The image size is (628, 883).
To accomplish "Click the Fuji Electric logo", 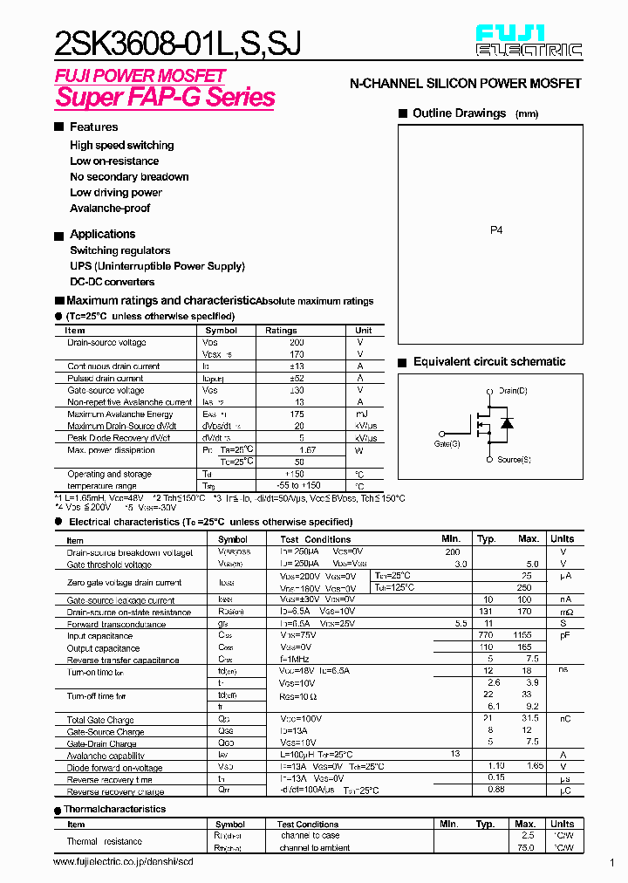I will (x=529, y=41).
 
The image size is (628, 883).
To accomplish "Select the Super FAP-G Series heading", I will (x=165, y=97).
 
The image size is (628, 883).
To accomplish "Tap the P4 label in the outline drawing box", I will (x=496, y=230).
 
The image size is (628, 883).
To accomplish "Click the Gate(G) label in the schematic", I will (x=447, y=444).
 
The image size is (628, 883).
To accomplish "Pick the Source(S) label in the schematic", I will (x=514, y=459).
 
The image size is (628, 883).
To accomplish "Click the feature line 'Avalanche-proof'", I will (x=110, y=209).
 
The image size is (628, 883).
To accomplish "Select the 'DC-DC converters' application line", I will (x=113, y=282).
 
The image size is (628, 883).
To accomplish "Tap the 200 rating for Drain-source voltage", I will (x=297, y=343).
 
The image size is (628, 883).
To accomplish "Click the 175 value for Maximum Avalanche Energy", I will (x=298, y=414).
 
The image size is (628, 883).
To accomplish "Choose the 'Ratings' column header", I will (x=281, y=331).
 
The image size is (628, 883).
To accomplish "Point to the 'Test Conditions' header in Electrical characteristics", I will (x=315, y=539).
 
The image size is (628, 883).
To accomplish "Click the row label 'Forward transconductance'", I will (x=116, y=625).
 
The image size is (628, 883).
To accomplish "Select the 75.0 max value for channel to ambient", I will (x=526, y=847).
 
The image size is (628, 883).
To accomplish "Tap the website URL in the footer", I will (x=123, y=862).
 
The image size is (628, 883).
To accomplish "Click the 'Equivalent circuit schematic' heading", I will (x=489, y=362).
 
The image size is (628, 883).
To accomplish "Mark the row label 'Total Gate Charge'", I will (x=100, y=720).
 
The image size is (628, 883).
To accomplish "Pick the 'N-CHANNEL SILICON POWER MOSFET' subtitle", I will (x=465, y=84).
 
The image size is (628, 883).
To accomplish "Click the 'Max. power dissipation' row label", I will (x=111, y=450).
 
